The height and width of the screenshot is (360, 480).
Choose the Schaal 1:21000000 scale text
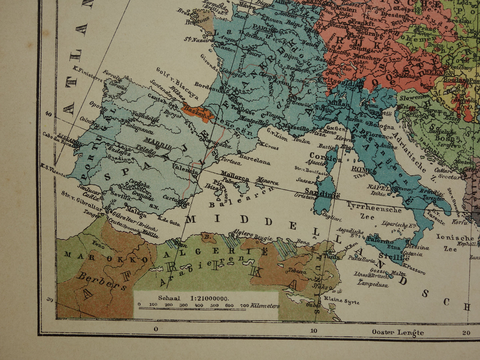point(194,298)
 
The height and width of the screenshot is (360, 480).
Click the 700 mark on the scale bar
point(244,305)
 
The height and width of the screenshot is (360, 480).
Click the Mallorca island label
point(235,177)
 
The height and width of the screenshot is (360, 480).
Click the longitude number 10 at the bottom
point(314,330)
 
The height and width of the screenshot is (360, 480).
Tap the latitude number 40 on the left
point(49,114)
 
